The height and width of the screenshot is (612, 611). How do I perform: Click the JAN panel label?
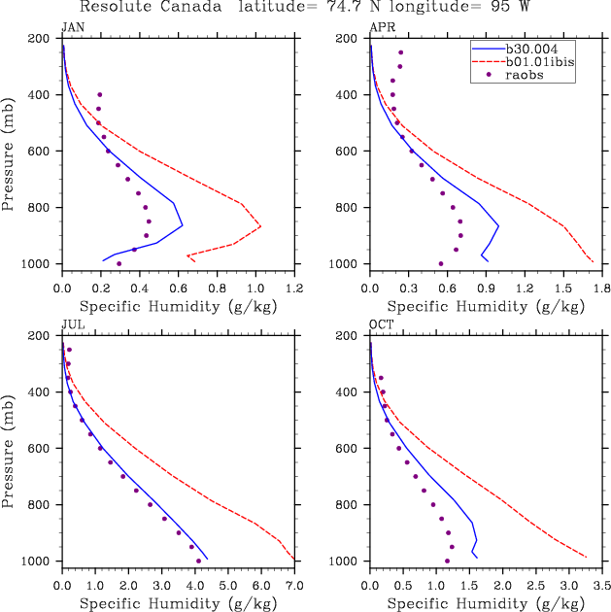click(72, 27)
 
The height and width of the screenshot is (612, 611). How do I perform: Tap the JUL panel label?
click(72, 324)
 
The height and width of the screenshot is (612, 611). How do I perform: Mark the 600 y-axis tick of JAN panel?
click(43, 151)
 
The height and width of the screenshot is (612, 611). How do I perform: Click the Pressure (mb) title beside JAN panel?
click(13, 151)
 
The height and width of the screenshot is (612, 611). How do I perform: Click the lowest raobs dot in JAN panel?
click(119, 263)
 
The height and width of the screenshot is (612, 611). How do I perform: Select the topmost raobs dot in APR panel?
click(400, 52)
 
